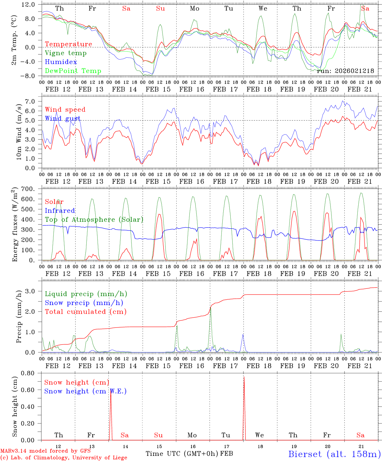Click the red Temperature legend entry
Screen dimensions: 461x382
click(x=68, y=44)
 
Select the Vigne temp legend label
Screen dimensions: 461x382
click(x=66, y=53)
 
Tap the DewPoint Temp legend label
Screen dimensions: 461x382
click(x=73, y=71)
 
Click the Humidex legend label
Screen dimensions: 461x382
click(x=61, y=62)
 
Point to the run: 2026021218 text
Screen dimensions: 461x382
click(x=345, y=71)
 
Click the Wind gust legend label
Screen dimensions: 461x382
click(x=63, y=118)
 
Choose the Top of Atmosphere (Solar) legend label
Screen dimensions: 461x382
click(x=94, y=220)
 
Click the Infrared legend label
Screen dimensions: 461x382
click(x=60, y=211)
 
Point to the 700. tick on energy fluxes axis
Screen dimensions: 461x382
click(x=32, y=189)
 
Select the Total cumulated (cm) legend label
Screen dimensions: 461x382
click(x=85, y=312)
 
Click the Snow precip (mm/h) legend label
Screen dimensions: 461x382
click(x=84, y=303)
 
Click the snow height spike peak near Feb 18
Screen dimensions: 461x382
click(x=244, y=377)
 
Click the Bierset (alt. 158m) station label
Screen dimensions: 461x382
click(x=334, y=454)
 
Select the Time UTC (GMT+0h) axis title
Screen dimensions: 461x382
click(x=182, y=454)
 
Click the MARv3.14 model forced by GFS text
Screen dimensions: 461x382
click(x=45, y=451)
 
